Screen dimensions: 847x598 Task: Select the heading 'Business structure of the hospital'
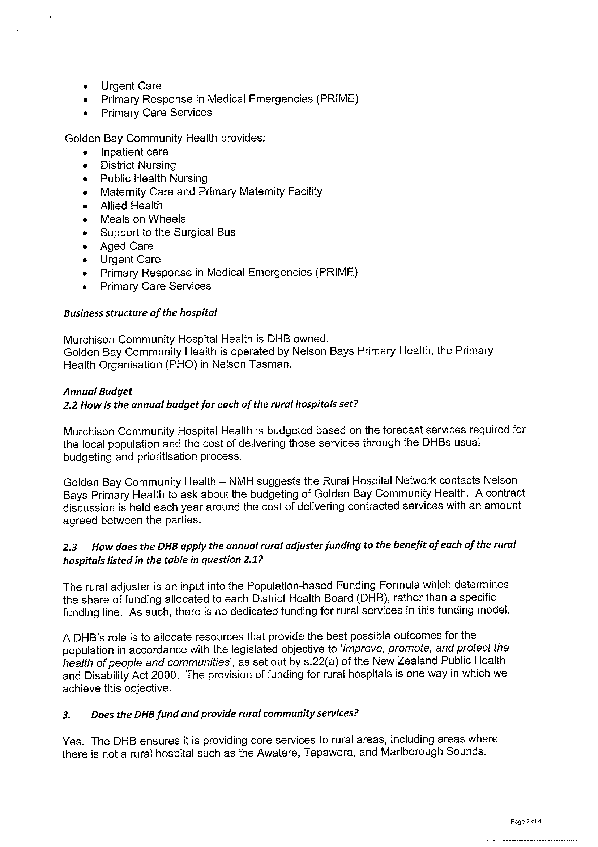click(140, 313)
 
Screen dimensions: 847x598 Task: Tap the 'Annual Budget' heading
click(98, 391)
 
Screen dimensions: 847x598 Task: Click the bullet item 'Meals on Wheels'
click(143, 219)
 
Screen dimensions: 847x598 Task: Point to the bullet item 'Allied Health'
click(132, 206)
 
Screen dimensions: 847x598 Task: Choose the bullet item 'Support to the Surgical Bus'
click(168, 232)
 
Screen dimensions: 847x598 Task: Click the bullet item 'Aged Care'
click(127, 246)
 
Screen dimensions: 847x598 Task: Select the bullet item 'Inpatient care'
click(134, 152)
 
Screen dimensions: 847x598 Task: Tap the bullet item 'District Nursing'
click(138, 165)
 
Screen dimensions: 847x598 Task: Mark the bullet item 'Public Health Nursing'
click(154, 178)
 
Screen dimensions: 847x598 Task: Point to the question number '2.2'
click(71, 405)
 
